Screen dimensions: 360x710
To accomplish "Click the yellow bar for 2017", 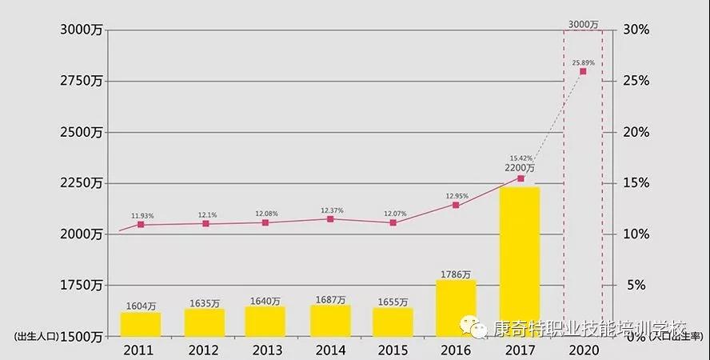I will (520, 256).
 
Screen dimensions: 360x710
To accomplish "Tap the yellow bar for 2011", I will (141, 324).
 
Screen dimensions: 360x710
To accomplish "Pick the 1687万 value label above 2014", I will (330, 300).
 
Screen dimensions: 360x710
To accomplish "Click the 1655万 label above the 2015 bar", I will (393, 302).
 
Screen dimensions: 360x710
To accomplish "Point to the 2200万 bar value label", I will (520, 168).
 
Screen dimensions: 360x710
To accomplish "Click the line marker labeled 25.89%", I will (583, 71).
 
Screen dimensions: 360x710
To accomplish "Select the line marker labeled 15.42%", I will (521, 178).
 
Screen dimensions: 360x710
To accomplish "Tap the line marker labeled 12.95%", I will (456, 205).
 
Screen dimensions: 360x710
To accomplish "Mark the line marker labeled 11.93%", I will (141, 225).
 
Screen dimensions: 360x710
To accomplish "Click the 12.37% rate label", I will (331, 210).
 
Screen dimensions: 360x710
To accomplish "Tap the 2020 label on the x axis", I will (583, 350).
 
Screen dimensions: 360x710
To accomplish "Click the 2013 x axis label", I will (267, 350).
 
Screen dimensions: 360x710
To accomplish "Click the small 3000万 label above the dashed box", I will (583, 25).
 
